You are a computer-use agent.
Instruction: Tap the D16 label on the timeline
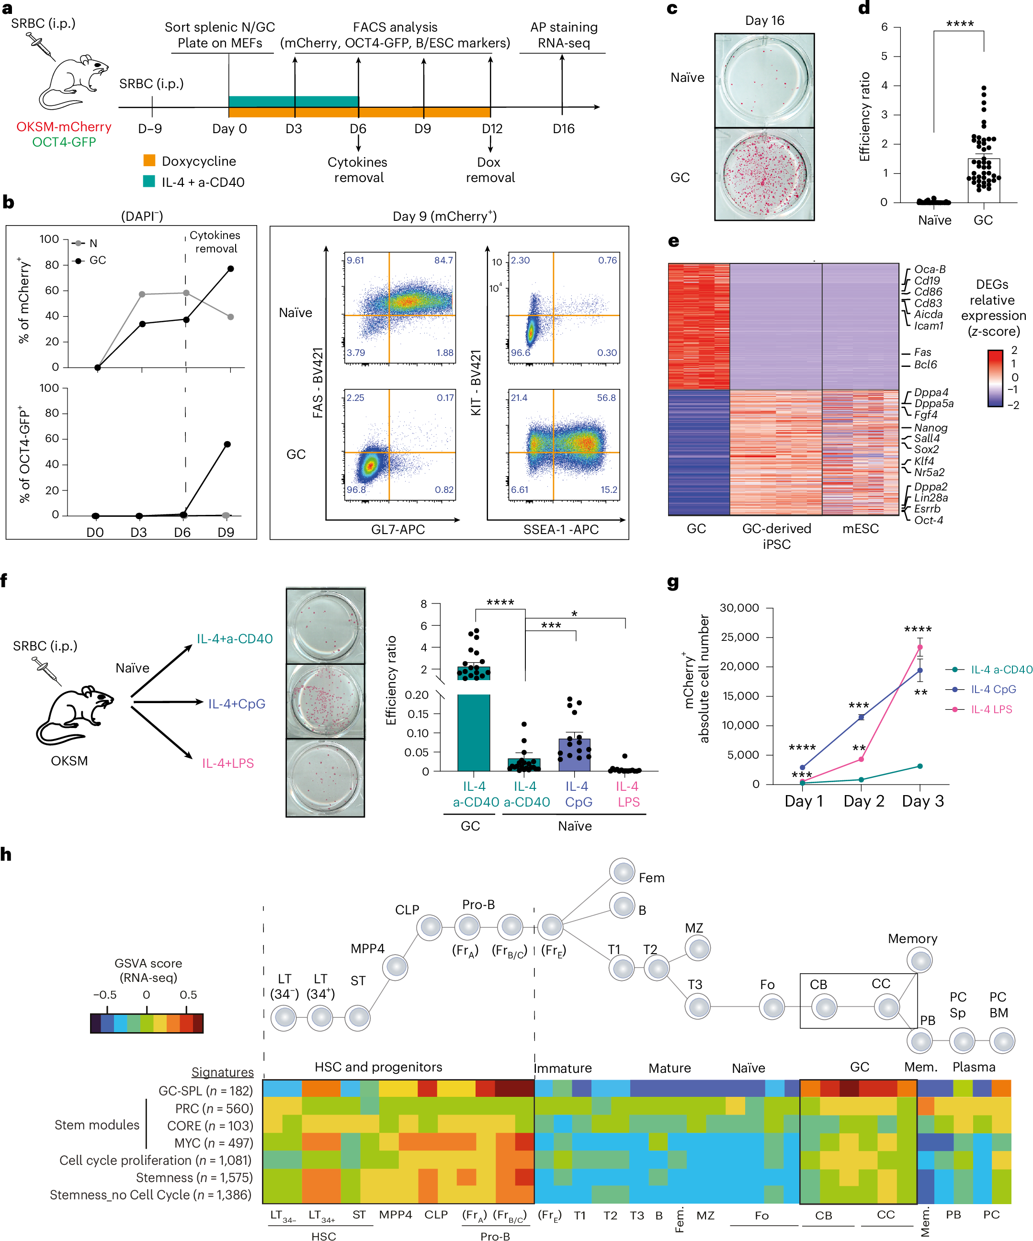pyautogui.click(x=563, y=129)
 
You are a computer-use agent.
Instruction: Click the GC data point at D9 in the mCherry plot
pyautogui.click(x=230, y=269)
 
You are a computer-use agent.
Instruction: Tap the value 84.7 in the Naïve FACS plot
pyautogui.click(x=443, y=261)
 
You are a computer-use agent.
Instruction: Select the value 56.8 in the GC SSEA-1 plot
pyautogui.click(x=606, y=398)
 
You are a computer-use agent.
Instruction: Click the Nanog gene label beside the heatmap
pyautogui.click(x=930, y=427)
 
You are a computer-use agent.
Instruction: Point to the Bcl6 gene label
pyautogui.click(x=925, y=364)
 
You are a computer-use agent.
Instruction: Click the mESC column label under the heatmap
pyautogui.click(x=860, y=528)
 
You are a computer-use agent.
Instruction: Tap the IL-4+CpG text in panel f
pyautogui.click(x=237, y=704)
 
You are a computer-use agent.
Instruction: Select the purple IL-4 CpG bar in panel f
pyautogui.click(x=574, y=755)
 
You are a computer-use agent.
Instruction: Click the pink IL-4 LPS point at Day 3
pyautogui.click(x=919, y=647)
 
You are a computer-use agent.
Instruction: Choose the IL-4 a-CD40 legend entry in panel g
pyautogui.click(x=1000, y=670)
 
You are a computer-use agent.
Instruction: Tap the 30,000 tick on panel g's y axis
pyautogui.click(x=738, y=608)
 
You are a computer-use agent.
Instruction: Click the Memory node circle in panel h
pyautogui.click(x=920, y=960)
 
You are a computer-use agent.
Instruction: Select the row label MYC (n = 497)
pyautogui.click(x=213, y=1143)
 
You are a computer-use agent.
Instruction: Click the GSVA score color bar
pyautogui.click(x=147, y=1022)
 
